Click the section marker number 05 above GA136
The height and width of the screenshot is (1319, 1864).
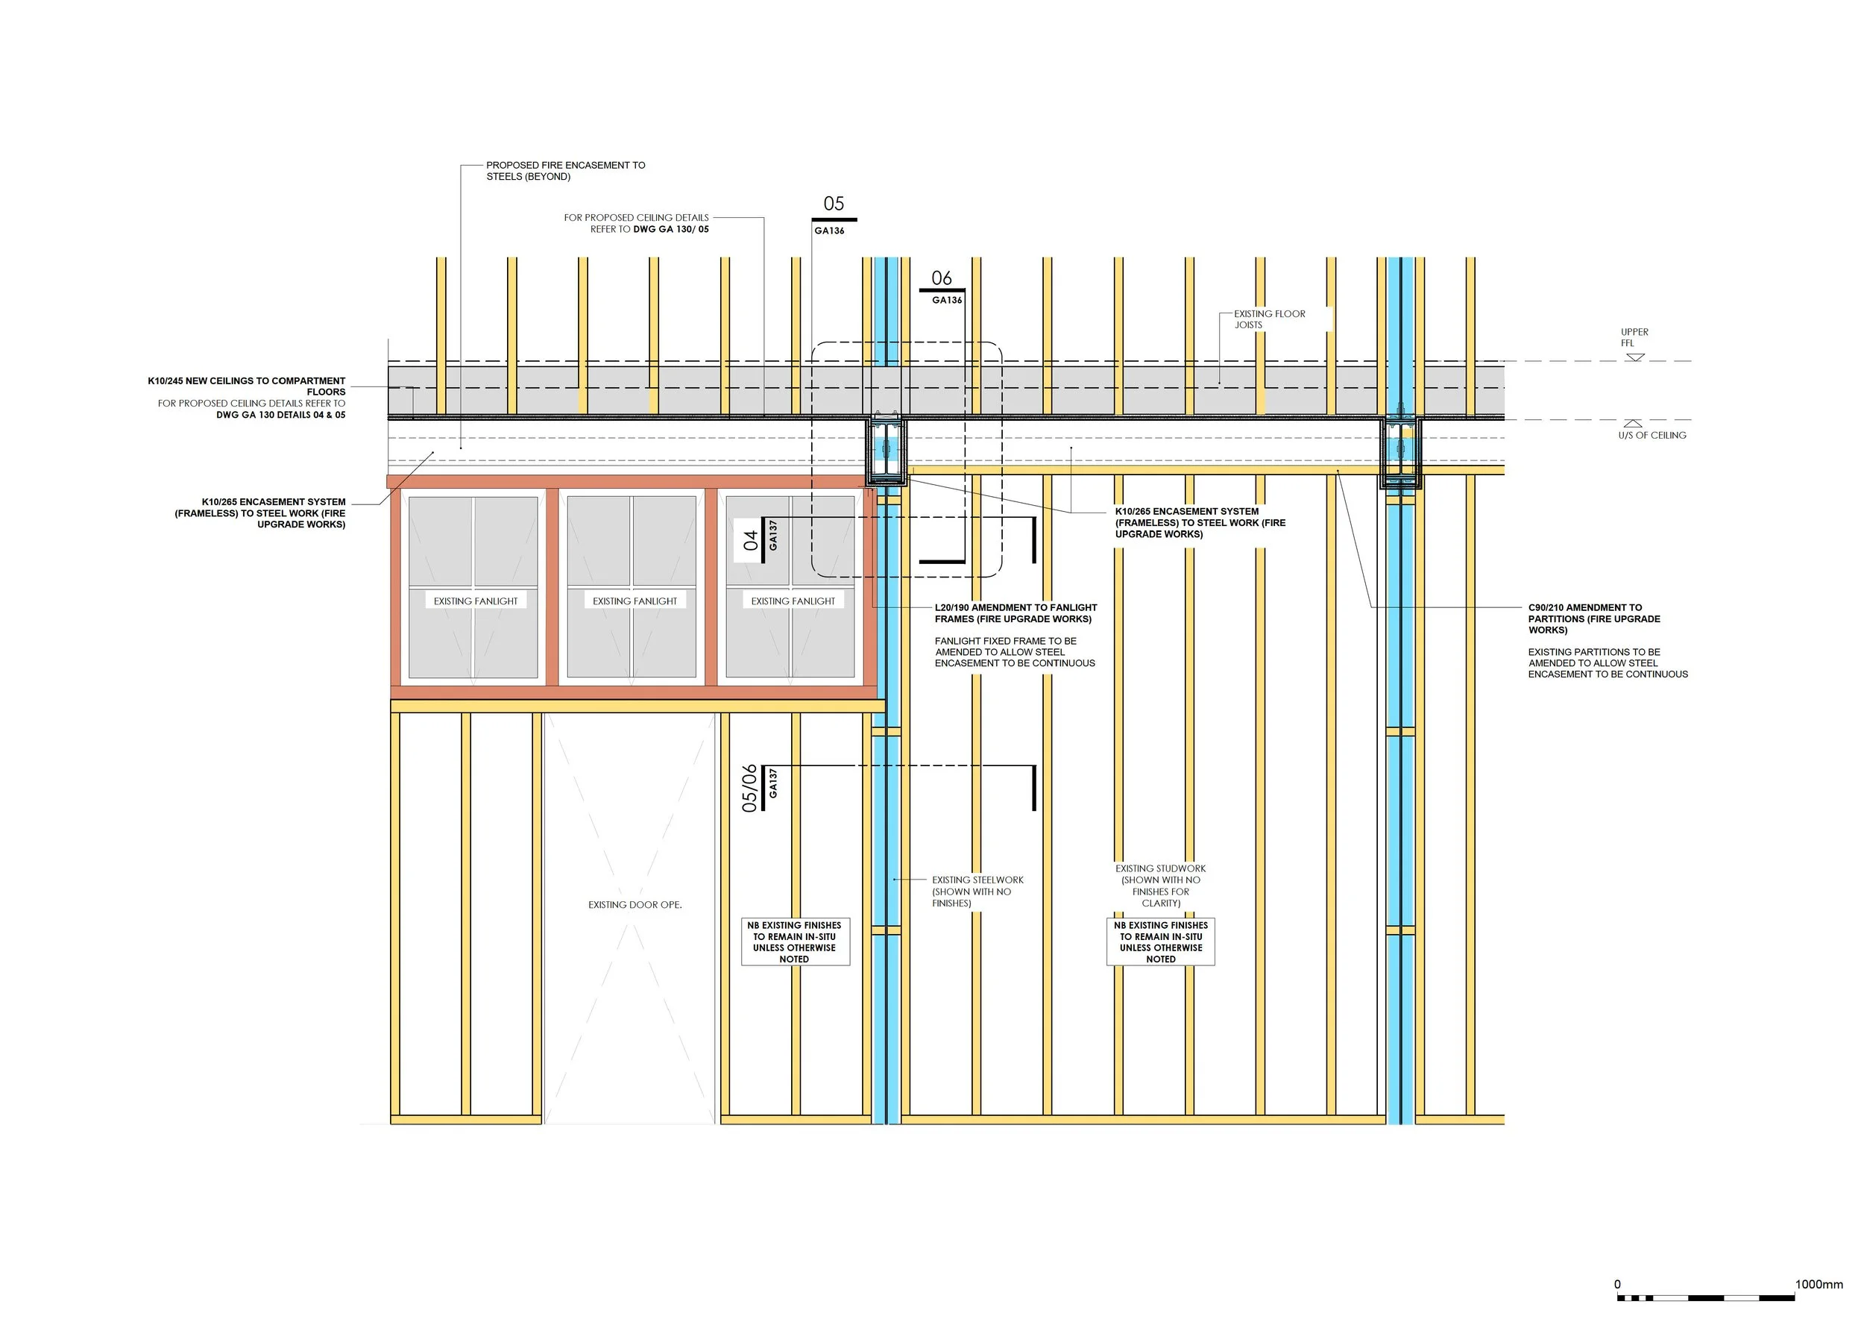(x=834, y=204)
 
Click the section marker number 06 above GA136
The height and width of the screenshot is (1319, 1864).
(x=942, y=278)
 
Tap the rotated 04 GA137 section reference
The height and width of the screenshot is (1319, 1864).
(x=761, y=536)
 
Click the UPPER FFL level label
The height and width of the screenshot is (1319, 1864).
(x=1634, y=337)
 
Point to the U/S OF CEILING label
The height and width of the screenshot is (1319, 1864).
(x=1652, y=436)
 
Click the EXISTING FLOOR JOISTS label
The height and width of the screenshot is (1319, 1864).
(x=1270, y=319)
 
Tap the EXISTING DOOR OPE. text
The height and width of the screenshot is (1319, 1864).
(x=635, y=905)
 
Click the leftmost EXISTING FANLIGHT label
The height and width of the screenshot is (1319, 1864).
(x=476, y=601)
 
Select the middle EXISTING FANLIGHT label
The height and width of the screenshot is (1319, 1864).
(x=635, y=601)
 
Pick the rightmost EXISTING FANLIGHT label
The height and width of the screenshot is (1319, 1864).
(x=793, y=601)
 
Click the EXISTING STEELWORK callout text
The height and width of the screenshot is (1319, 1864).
(x=977, y=891)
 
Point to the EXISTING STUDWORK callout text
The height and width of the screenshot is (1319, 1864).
(x=1161, y=886)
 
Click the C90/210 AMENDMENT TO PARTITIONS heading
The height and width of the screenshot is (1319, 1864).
(x=1593, y=619)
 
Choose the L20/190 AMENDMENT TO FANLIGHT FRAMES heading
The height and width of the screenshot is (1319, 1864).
(x=1016, y=613)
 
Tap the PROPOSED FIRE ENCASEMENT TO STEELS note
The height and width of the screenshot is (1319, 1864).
(x=566, y=171)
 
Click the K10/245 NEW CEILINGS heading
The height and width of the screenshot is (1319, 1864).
(x=247, y=386)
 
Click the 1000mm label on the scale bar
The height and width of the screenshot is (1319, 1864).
(x=1819, y=1284)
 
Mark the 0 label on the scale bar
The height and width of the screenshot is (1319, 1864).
(x=1617, y=1284)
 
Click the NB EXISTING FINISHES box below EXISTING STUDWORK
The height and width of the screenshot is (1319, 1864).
(x=1161, y=942)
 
